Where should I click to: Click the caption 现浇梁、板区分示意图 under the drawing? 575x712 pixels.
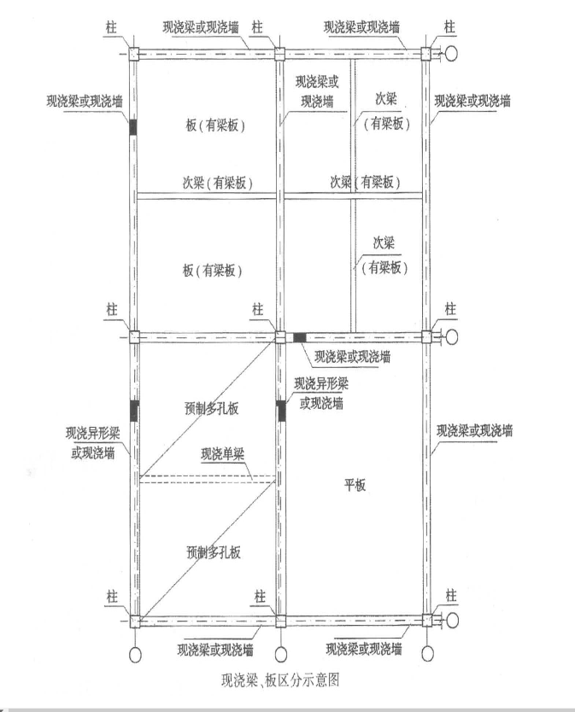(x=280, y=680)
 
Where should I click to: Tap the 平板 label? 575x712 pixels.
(x=355, y=486)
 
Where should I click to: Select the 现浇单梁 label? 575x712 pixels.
(x=223, y=454)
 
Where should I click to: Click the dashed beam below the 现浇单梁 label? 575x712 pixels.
(x=208, y=479)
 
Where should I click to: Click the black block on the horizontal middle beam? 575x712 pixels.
(x=299, y=337)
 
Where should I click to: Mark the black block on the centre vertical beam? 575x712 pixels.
(x=281, y=411)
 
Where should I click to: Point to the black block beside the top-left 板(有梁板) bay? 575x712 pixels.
(x=132, y=126)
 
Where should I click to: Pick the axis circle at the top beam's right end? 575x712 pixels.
(x=451, y=54)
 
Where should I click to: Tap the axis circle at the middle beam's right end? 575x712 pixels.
(x=451, y=337)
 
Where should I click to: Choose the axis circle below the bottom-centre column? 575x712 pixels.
(x=281, y=654)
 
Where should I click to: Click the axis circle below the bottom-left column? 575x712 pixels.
(x=135, y=655)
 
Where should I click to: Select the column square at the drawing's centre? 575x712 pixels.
(x=280, y=337)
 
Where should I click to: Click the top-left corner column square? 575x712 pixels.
(x=132, y=54)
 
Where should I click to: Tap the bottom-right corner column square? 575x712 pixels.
(x=427, y=621)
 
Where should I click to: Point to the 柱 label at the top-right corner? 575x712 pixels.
(x=449, y=26)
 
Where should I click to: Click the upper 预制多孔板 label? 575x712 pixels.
(x=212, y=409)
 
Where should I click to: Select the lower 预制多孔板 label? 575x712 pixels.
(x=214, y=552)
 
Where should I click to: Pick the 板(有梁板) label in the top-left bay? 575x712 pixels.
(x=215, y=125)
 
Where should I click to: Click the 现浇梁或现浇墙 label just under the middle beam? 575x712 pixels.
(x=352, y=357)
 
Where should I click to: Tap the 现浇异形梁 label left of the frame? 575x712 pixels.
(x=93, y=433)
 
